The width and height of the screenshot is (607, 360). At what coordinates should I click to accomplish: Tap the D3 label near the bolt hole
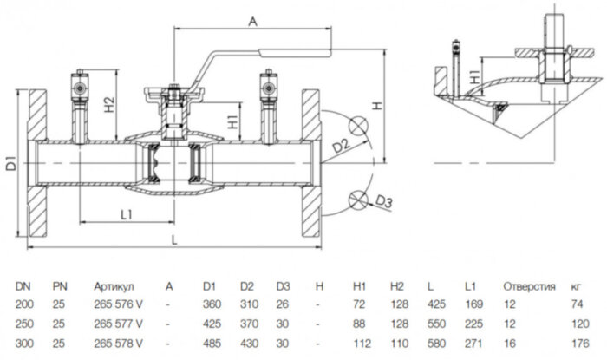pos(384,204)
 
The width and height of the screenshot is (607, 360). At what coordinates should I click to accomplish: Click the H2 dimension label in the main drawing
pos(108,107)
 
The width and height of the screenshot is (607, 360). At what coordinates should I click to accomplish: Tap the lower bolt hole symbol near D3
pos(356,200)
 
